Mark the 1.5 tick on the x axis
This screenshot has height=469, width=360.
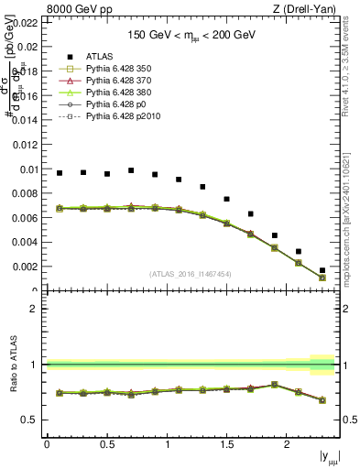click(226, 443)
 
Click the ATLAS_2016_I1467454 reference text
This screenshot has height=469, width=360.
click(191, 274)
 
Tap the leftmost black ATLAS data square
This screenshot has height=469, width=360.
click(60, 172)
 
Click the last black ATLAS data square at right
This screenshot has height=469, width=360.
click(322, 270)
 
